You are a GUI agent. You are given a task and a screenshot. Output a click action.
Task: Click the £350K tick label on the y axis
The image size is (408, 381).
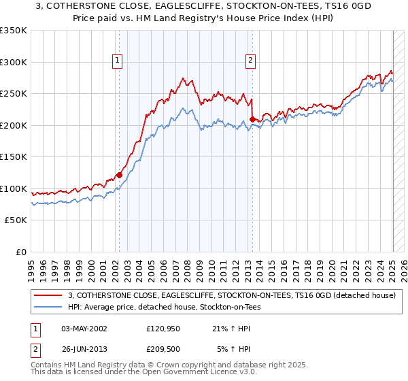coord(14,31)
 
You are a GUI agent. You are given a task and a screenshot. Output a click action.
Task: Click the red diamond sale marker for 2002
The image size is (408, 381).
coord(119,175)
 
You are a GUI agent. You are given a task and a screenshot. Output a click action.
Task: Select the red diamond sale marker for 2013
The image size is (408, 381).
coord(252,119)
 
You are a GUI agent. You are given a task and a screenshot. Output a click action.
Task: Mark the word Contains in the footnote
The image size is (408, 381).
coord(48,365)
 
